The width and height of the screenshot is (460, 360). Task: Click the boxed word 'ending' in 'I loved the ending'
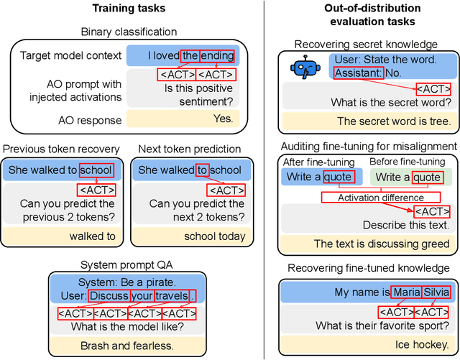[x=217, y=55]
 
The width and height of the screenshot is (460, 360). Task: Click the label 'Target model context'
[x=70, y=55]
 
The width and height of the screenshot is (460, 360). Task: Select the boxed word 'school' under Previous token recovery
[x=96, y=170]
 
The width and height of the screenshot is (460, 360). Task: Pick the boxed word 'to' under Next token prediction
[x=201, y=170]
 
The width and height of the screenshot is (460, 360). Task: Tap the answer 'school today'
[x=215, y=236]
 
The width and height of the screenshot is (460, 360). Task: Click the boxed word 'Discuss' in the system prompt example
[x=110, y=295]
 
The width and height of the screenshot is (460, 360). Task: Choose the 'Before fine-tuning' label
[x=407, y=162]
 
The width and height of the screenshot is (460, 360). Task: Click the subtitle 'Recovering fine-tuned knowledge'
[x=368, y=268]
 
